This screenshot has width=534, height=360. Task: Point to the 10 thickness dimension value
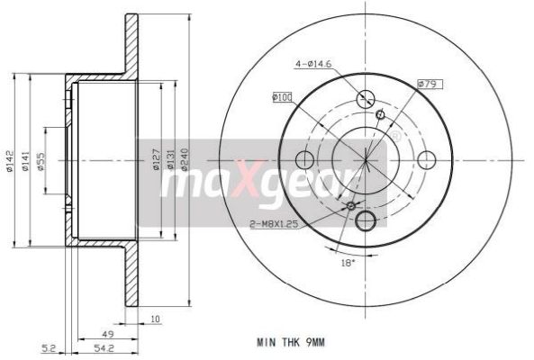click(156, 319)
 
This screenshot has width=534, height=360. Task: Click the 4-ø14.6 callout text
click(312, 64)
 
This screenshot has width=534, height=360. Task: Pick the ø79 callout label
click(428, 84)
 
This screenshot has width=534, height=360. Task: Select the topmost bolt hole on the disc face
click(367, 100)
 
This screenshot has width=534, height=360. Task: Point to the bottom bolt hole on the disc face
click(367, 222)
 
